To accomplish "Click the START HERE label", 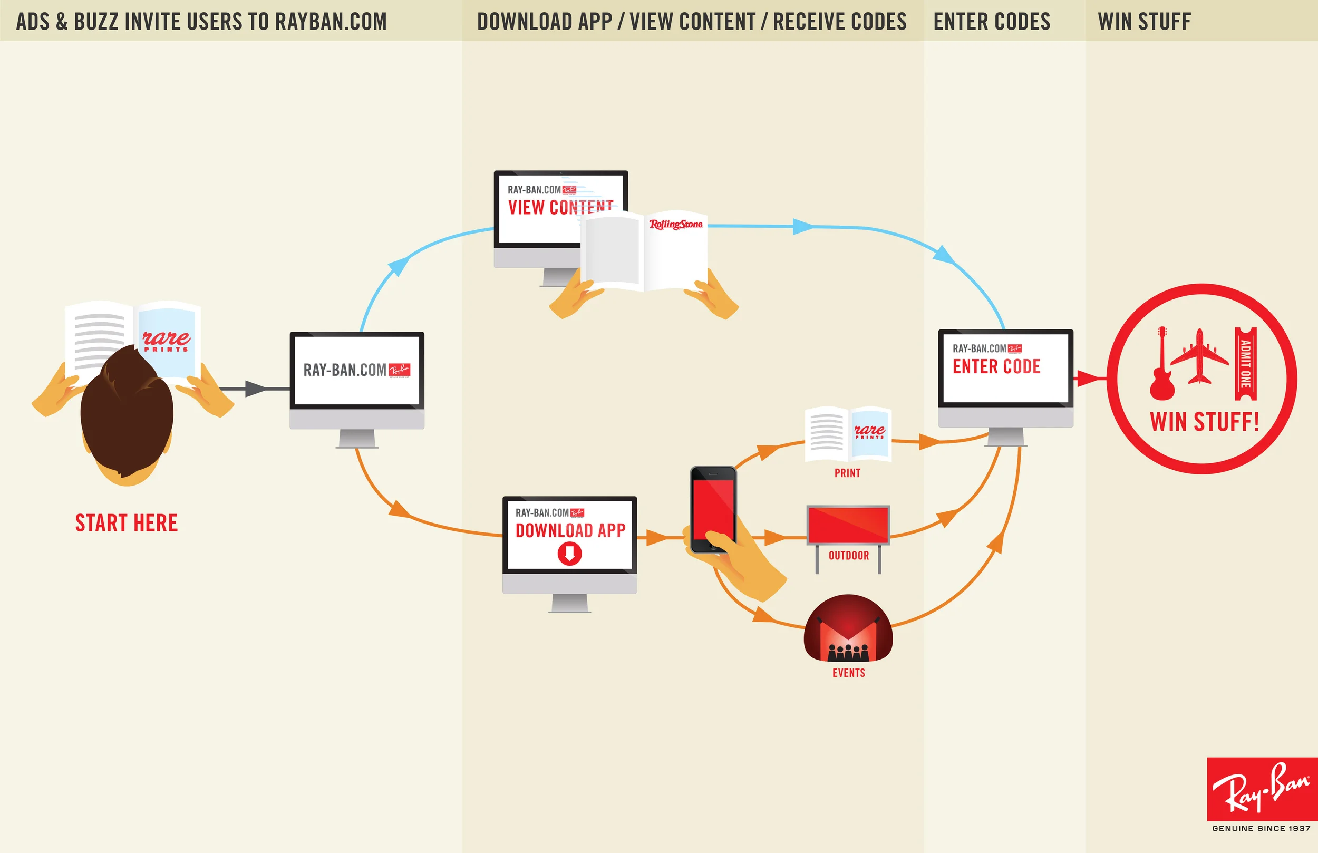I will click(x=126, y=524).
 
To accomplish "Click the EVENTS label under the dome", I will click(x=848, y=673).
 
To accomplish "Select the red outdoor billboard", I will click(x=848, y=524).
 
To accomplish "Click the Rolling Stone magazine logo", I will click(x=676, y=225).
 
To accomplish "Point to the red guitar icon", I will click(x=1162, y=365).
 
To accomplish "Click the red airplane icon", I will click(x=1199, y=356).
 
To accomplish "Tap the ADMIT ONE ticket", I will click(x=1245, y=363).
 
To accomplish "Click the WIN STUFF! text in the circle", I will click(x=1205, y=422).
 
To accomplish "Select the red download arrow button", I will click(x=569, y=553).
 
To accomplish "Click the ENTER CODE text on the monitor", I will click(x=996, y=367).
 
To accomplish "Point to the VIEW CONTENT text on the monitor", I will click(x=560, y=208).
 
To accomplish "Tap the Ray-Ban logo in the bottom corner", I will click(x=1262, y=789).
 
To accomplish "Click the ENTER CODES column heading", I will click(x=992, y=22).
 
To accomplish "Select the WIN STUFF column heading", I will click(x=1144, y=22).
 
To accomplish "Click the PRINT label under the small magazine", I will click(x=847, y=473).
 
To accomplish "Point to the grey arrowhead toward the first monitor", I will click(x=255, y=389).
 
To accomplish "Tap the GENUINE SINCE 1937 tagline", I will click(x=1261, y=829).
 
